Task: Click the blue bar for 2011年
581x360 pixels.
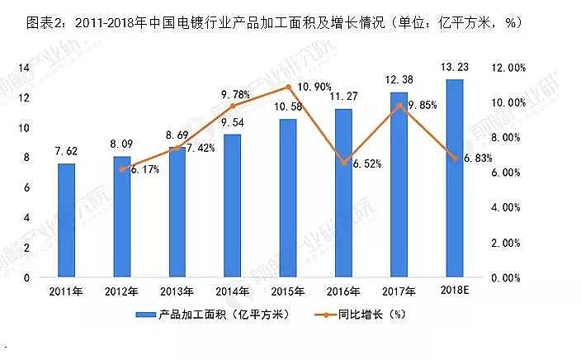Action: click(66, 220)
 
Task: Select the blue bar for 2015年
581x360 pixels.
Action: click(287, 198)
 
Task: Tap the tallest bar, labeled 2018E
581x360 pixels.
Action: click(453, 178)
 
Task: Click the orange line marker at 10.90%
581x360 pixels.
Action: click(287, 87)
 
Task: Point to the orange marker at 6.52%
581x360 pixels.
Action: click(342, 163)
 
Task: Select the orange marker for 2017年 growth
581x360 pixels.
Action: click(399, 105)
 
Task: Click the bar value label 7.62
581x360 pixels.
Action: click(67, 151)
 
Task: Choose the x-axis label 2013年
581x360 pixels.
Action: click(177, 291)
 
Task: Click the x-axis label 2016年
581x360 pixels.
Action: click(342, 291)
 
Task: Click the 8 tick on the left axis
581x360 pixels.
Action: click(27, 158)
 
